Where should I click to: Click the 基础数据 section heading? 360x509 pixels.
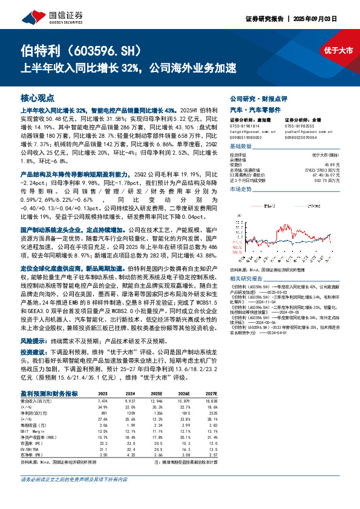coord(240,147)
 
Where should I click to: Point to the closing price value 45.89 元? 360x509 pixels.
coord(327,165)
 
